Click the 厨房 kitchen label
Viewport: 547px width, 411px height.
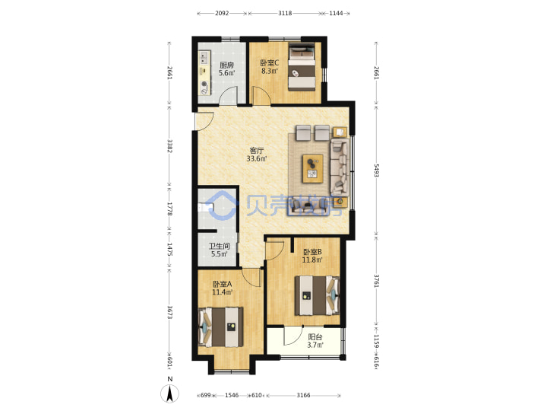(226, 65)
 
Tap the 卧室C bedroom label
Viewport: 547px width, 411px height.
(270, 63)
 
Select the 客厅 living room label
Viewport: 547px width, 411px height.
(257, 151)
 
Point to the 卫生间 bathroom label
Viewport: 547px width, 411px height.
(219, 246)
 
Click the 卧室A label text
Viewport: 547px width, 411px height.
(223, 284)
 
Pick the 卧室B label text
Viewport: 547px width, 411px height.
(312, 252)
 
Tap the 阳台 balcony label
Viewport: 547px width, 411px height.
(315, 337)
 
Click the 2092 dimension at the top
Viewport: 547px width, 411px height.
(222, 13)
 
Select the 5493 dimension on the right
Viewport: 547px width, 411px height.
(376, 170)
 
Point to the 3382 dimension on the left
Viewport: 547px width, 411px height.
(169, 146)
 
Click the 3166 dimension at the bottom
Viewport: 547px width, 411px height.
(303, 395)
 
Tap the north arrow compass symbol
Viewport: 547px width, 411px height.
(169, 393)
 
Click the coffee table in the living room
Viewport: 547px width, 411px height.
(313, 168)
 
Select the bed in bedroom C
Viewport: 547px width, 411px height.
(302, 67)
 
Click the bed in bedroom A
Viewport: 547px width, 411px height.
(221, 327)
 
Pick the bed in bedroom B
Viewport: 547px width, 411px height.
(317, 295)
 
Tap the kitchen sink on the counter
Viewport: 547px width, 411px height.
(204, 58)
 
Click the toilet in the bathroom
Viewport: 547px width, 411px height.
(205, 208)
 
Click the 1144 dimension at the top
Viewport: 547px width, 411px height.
(336, 13)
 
